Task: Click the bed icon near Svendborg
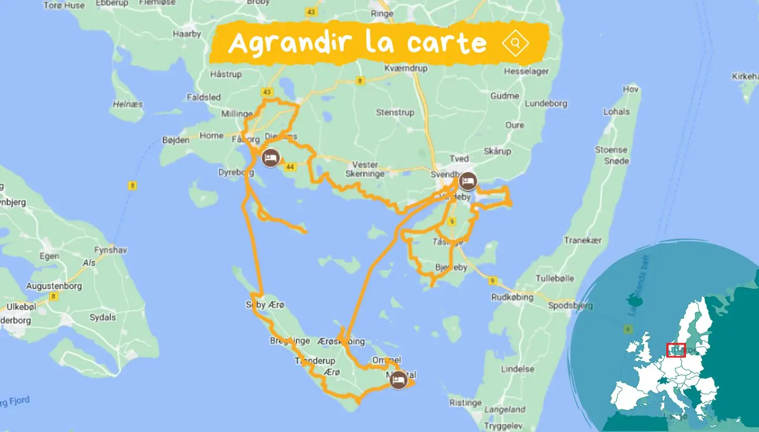(x=467, y=181)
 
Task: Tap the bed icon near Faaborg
(x=271, y=158)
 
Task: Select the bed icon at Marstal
(x=398, y=379)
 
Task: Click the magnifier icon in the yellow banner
(x=515, y=43)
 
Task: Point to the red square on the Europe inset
(x=676, y=350)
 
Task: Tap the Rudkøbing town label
(x=512, y=297)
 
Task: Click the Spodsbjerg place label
(x=570, y=306)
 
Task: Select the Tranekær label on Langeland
(x=583, y=240)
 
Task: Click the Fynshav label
(x=111, y=250)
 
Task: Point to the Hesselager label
(x=526, y=71)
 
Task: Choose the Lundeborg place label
(x=546, y=104)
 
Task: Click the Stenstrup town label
(x=395, y=112)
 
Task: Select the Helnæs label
(x=128, y=104)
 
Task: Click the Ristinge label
(x=466, y=403)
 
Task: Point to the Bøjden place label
(x=176, y=141)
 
